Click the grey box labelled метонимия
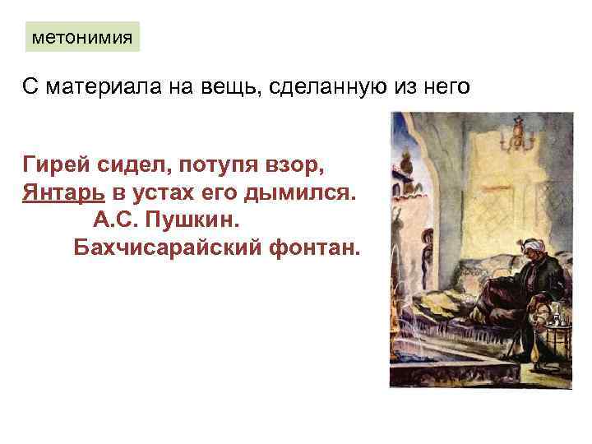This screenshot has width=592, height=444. tap(82, 37)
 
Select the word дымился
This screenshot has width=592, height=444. tap(309, 193)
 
